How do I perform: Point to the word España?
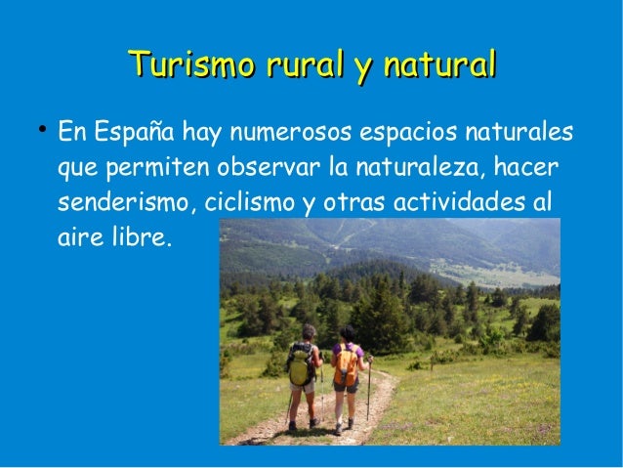tap(136, 130)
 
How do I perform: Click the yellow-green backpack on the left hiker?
tap(300, 365)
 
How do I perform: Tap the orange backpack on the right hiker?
tap(346, 365)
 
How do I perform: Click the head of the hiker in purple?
tap(347, 333)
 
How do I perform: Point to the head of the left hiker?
tap(308, 332)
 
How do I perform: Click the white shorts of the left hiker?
tap(305, 387)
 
